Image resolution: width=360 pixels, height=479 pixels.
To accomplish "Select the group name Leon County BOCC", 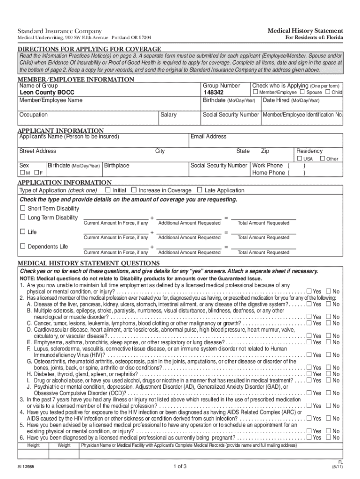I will [46, 93].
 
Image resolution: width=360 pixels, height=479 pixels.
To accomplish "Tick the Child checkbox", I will [327, 93].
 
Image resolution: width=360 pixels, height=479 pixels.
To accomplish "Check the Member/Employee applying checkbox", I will [255, 93].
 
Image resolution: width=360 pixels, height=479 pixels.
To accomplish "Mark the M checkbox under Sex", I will [22, 173].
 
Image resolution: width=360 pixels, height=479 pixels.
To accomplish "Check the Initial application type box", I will [108, 190].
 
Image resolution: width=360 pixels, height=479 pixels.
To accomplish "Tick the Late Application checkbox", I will [200, 190].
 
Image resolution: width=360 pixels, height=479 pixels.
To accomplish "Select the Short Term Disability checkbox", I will [22, 208].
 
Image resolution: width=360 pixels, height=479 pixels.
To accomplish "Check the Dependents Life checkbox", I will [22, 247].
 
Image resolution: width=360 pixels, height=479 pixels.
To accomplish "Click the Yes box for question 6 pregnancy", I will [309, 437].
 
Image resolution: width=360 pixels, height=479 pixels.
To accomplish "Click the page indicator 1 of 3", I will [180, 466].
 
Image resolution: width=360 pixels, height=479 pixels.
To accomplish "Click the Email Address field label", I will [209, 137].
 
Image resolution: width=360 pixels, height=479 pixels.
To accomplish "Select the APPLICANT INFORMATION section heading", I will [61, 131].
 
